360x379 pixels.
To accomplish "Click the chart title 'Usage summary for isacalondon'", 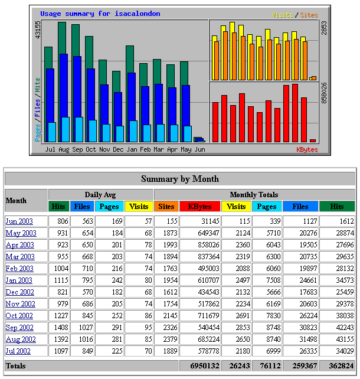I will (100, 14).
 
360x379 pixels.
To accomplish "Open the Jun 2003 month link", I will (19, 221).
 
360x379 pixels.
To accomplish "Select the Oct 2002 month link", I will (20, 316).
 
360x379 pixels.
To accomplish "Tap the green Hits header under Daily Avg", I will (58, 207).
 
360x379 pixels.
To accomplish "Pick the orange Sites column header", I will (166, 207).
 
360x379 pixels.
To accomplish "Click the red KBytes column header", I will (199, 207).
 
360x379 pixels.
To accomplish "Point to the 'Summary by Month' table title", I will (180, 179).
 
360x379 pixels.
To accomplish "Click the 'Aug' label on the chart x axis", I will (64, 150).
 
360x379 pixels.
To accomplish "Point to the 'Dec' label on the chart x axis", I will (118, 150).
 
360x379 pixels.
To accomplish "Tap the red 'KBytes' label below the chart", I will (307, 150).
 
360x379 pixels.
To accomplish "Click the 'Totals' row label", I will (16, 366).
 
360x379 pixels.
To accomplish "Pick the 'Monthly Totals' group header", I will (254, 194).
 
